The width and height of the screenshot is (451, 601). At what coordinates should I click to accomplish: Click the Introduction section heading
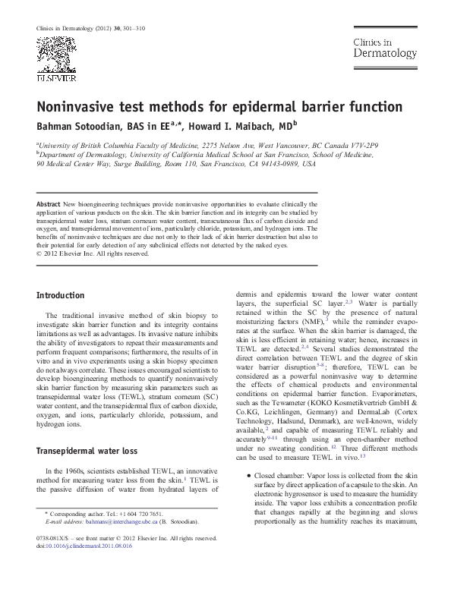(x=61, y=295)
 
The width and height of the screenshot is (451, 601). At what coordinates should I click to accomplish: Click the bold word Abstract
(x=49, y=205)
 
